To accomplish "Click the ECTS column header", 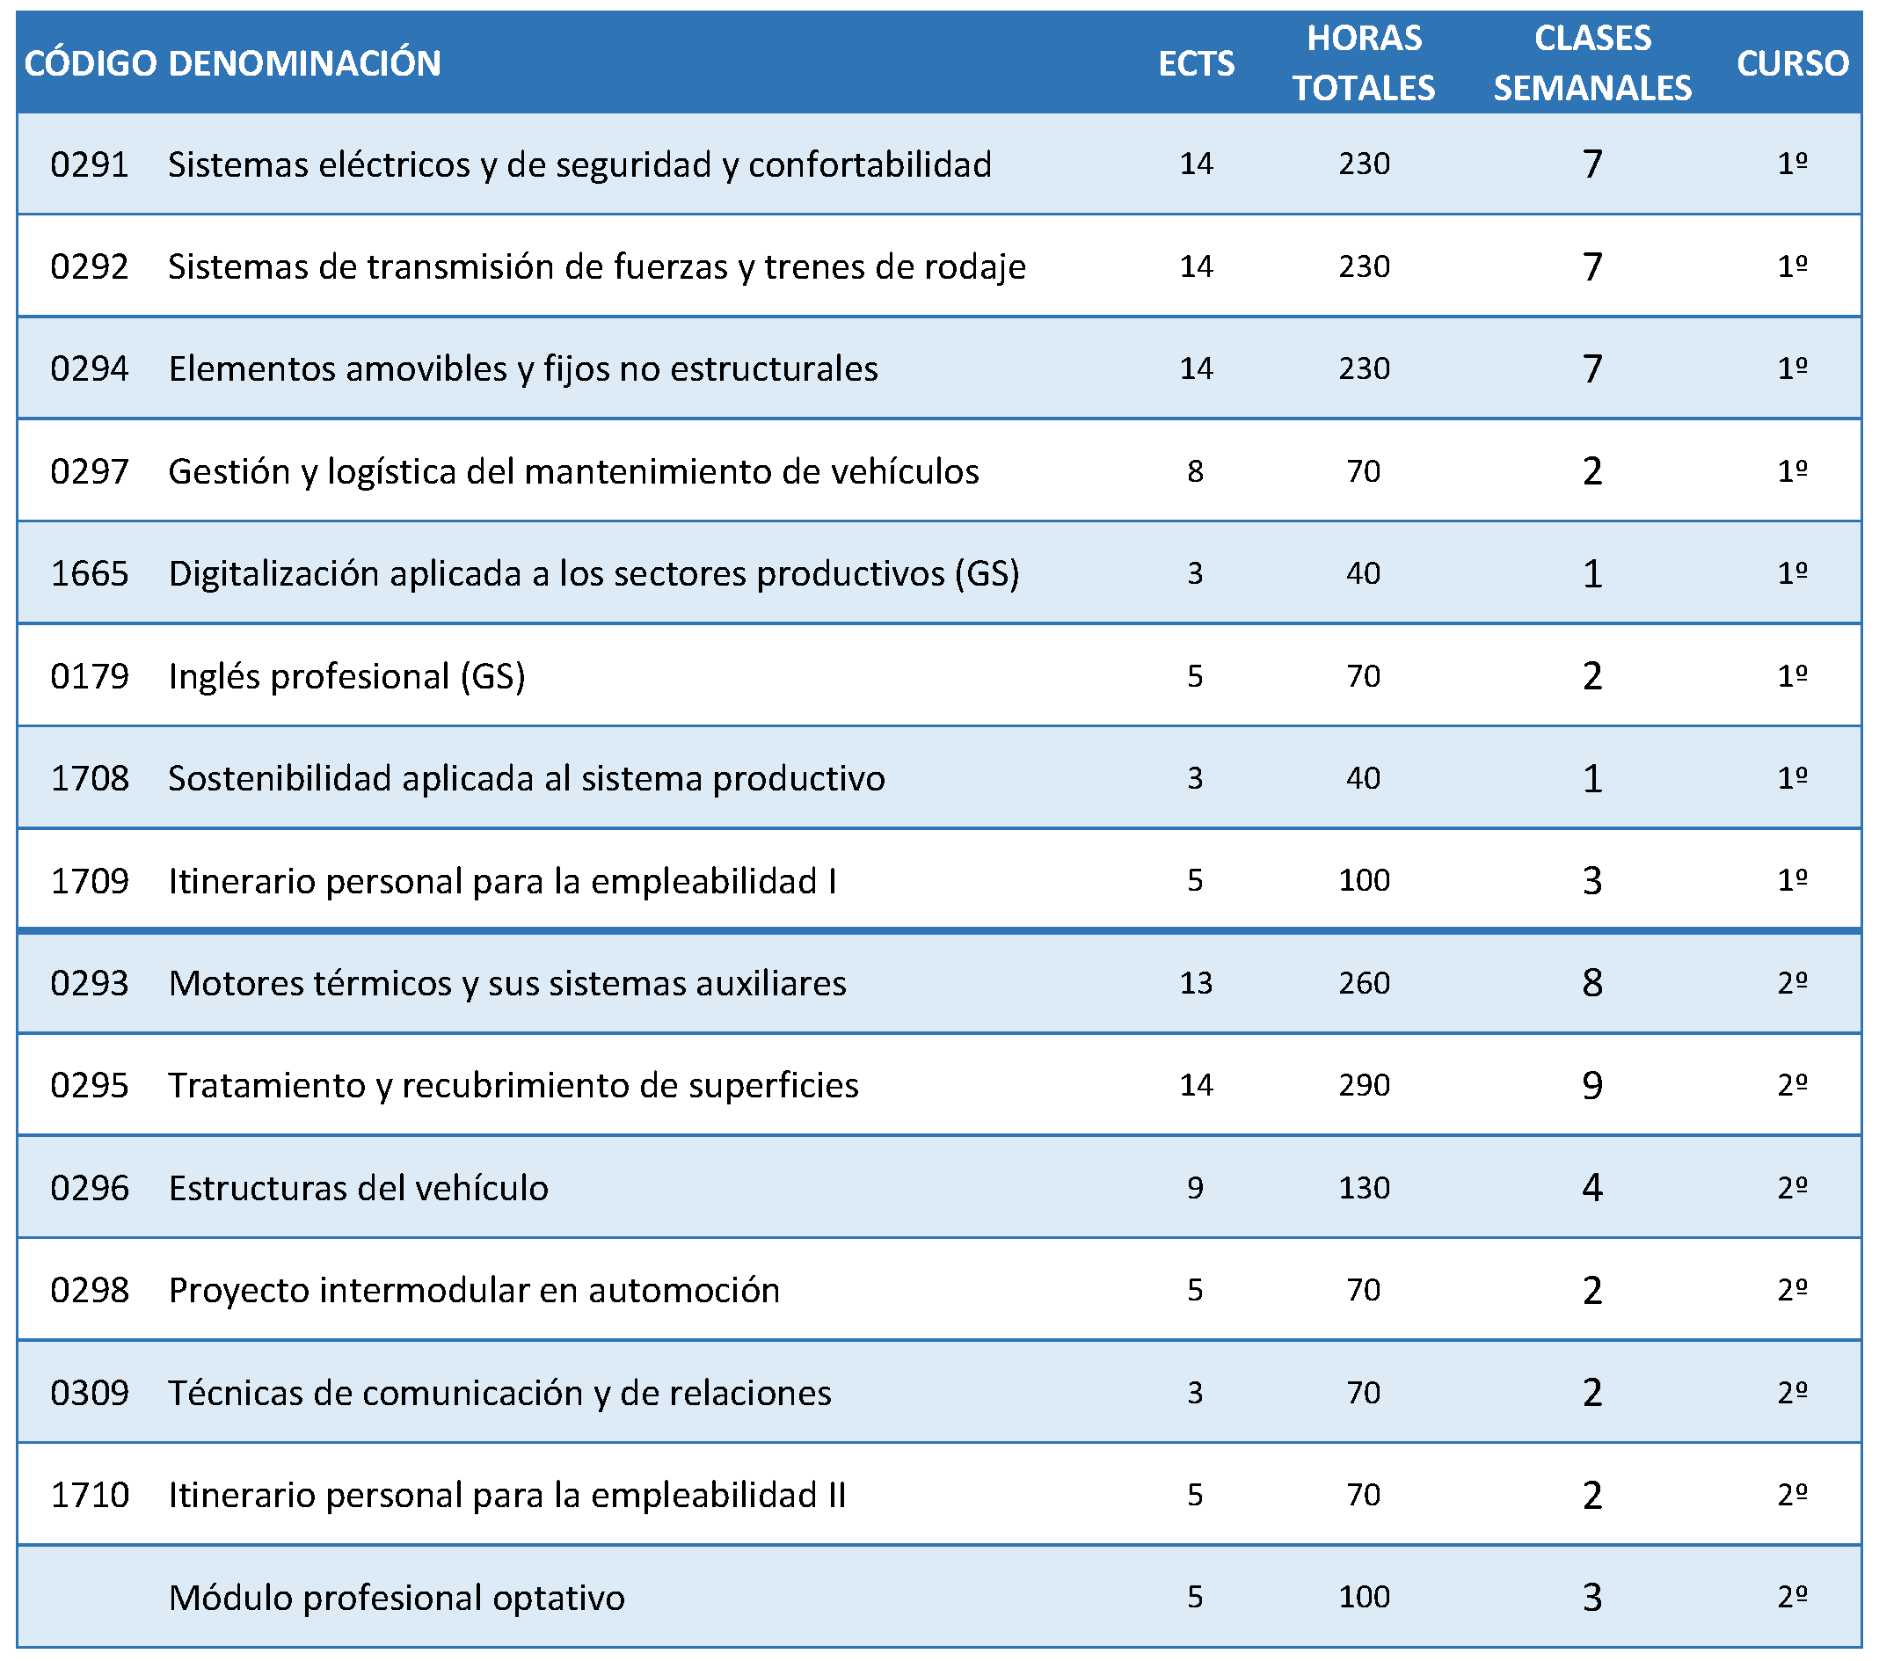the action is pyautogui.click(x=1196, y=63).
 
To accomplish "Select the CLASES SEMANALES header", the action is pyautogui.click(x=1592, y=63).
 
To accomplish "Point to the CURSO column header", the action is pyautogui.click(x=1793, y=63).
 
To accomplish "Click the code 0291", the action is pyautogui.click(x=89, y=164).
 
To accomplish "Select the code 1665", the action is pyautogui.click(x=89, y=573).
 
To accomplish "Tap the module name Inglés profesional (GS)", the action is pyautogui.click(x=346, y=676).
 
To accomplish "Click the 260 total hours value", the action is pyautogui.click(x=1365, y=984).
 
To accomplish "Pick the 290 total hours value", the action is pyautogui.click(x=1365, y=1086).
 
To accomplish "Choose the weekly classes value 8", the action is pyautogui.click(x=1592, y=984).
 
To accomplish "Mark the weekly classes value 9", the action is pyautogui.click(x=1592, y=1086).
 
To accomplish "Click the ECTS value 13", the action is pyautogui.click(x=1196, y=984).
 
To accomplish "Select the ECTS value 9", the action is pyautogui.click(x=1195, y=1188).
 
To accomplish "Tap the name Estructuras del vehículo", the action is pyautogui.click(x=359, y=1189).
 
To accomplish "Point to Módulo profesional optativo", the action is pyautogui.click(x=397, y=1599).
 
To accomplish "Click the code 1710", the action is pyautogui.click(x=89, y=1496).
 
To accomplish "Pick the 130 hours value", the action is pyautogui.click(x=1365, y=1188).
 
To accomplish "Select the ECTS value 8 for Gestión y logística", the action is pyautogui.click(x=1195, y=471).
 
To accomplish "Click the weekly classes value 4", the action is pyautogui.click(x=1592, y=1188).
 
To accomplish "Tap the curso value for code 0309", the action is pyautogui.click(x=1793, y=1393).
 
